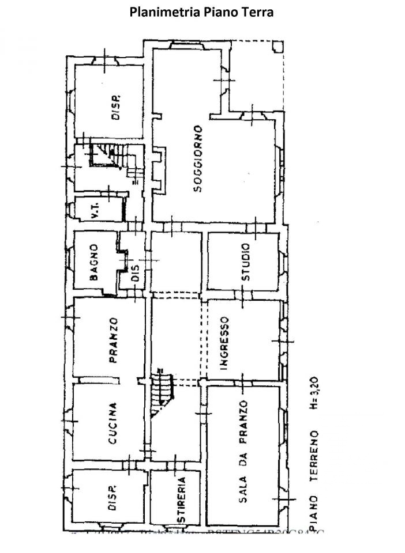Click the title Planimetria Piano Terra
click(202, 12)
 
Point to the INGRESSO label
click(224, 343)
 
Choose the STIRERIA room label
click(181, 499)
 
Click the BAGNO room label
click(94, 262)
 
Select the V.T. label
click(96, 212)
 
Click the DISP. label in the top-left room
click(116, 107)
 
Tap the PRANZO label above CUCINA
click(114, 340)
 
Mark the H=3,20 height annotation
click(314, 391)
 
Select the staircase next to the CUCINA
click(162, 393)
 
